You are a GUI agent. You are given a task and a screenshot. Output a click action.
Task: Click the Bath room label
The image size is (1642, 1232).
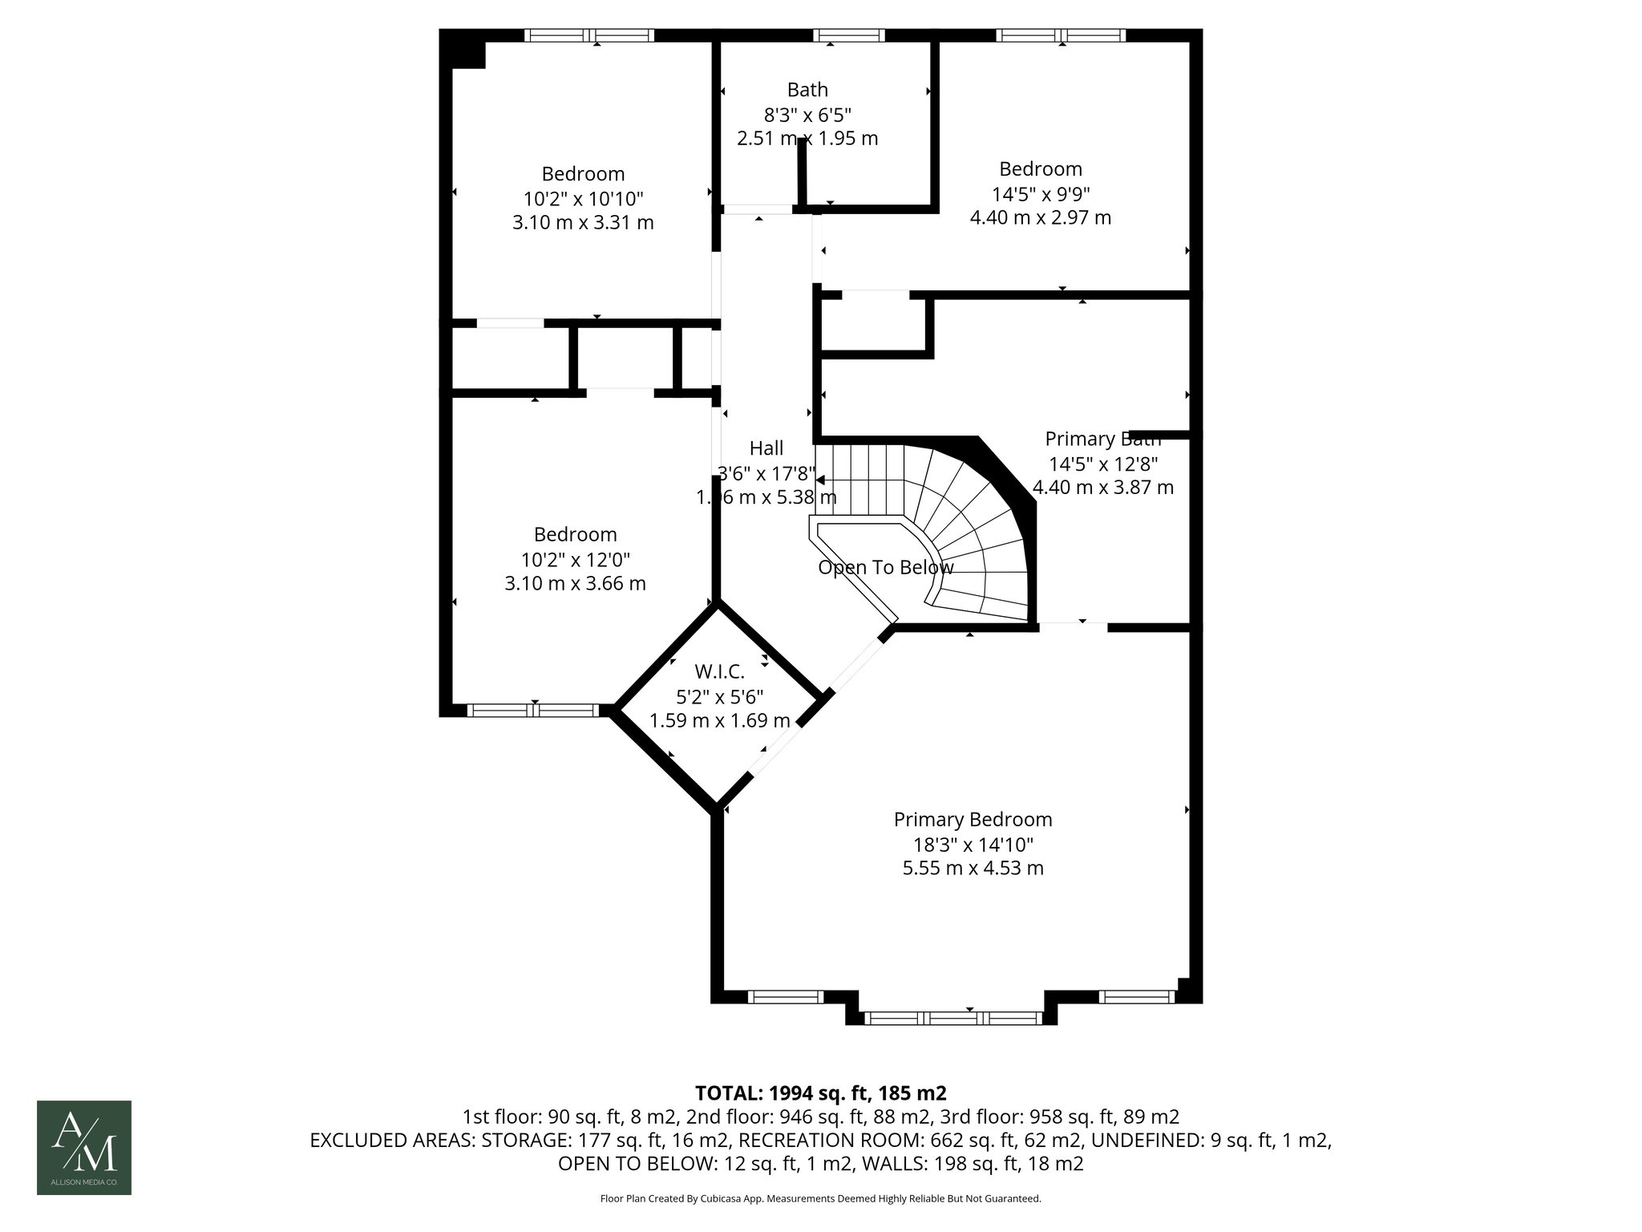coord(807,90)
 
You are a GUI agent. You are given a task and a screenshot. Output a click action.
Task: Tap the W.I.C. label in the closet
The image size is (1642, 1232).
coord(719,671)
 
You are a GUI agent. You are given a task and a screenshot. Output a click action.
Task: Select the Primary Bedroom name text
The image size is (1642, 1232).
coord(973,819)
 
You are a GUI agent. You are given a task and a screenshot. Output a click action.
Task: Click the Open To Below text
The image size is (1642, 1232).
coord(885,568)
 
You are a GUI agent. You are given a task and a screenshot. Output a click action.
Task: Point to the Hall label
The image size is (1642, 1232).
coord(766,448)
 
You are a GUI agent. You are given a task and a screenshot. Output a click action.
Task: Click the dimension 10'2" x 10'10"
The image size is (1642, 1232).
coord(583,198)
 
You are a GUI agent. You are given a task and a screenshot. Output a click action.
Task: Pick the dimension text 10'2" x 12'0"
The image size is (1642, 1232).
coord(575,559)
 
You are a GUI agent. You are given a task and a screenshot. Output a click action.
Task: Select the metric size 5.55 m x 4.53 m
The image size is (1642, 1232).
coord(973,868)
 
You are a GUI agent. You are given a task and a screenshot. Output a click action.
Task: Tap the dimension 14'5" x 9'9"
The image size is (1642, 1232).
coord(1041,193)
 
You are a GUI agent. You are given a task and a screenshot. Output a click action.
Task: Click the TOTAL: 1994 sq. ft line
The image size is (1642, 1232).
coord(820,1092)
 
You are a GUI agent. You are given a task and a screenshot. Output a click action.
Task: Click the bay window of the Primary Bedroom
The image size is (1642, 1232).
coord(952,1018)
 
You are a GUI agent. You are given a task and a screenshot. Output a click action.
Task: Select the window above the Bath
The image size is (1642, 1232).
coord(849,35)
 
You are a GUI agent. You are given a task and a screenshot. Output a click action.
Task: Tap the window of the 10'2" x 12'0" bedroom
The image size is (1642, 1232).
coord(532,710)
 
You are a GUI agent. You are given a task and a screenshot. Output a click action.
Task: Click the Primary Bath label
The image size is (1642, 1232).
coord(1102,439)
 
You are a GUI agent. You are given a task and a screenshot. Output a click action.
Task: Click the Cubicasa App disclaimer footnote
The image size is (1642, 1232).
coord(820,1198)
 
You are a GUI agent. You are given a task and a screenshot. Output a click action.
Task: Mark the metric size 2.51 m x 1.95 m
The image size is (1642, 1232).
coord(807,139)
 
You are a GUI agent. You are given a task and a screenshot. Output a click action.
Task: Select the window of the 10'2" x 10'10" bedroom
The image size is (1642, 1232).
coord(589,35)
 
